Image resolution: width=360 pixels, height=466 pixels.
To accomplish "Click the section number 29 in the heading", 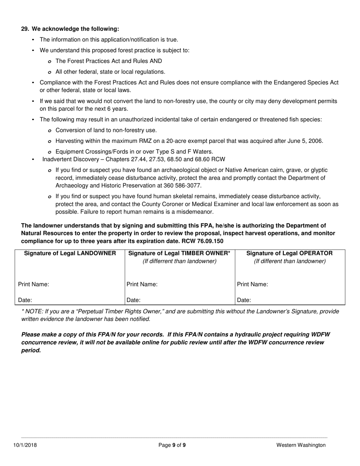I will tap(25, 29).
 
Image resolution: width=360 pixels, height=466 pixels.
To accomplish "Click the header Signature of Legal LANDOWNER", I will tap(70, 253).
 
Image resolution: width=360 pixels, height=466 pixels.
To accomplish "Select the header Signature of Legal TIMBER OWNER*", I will tap(180, 253).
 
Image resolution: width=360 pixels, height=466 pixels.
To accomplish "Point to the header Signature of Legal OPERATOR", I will tap(290, 253).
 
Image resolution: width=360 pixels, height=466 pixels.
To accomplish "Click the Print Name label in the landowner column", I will tap(33, 284).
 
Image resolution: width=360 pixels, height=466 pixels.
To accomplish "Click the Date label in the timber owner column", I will tap(133, 300).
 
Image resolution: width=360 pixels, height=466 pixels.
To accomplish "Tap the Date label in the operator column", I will tap(244, 300).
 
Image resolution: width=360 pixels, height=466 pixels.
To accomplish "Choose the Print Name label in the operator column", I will tap(252, 284).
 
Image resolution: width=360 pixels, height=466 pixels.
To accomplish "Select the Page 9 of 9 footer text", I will tap(172, 445).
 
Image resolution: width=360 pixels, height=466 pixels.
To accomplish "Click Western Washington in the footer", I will tap(301, 445).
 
